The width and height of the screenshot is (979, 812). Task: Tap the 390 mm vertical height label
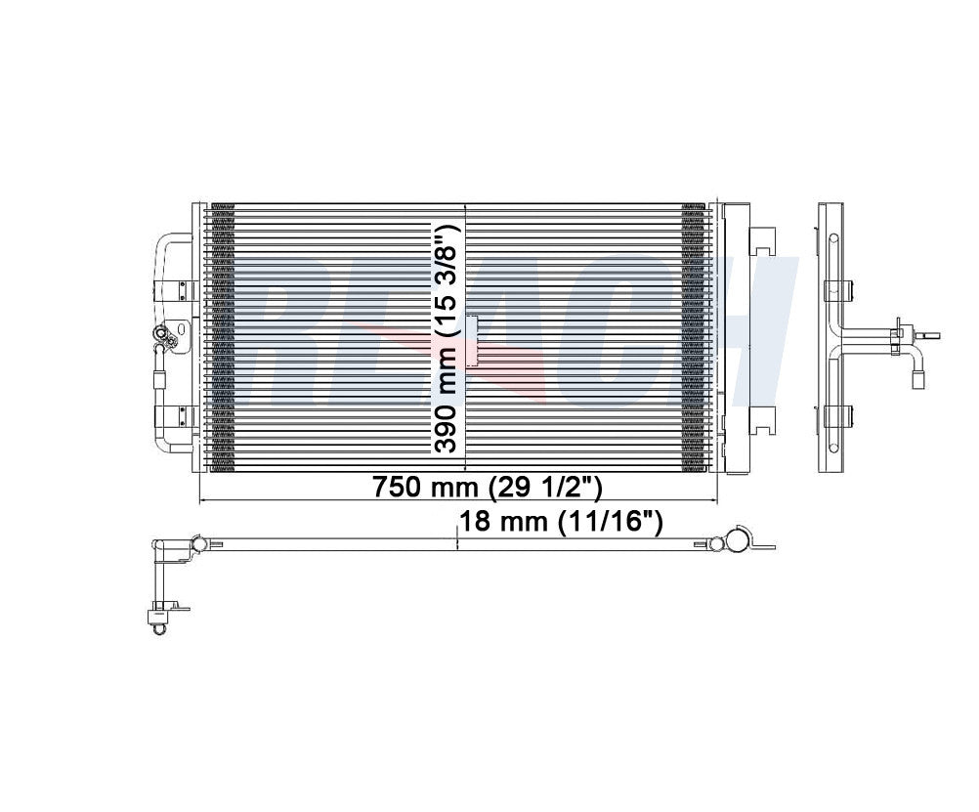[447, 408]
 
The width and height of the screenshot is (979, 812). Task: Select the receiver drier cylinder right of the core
[734, 337]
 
